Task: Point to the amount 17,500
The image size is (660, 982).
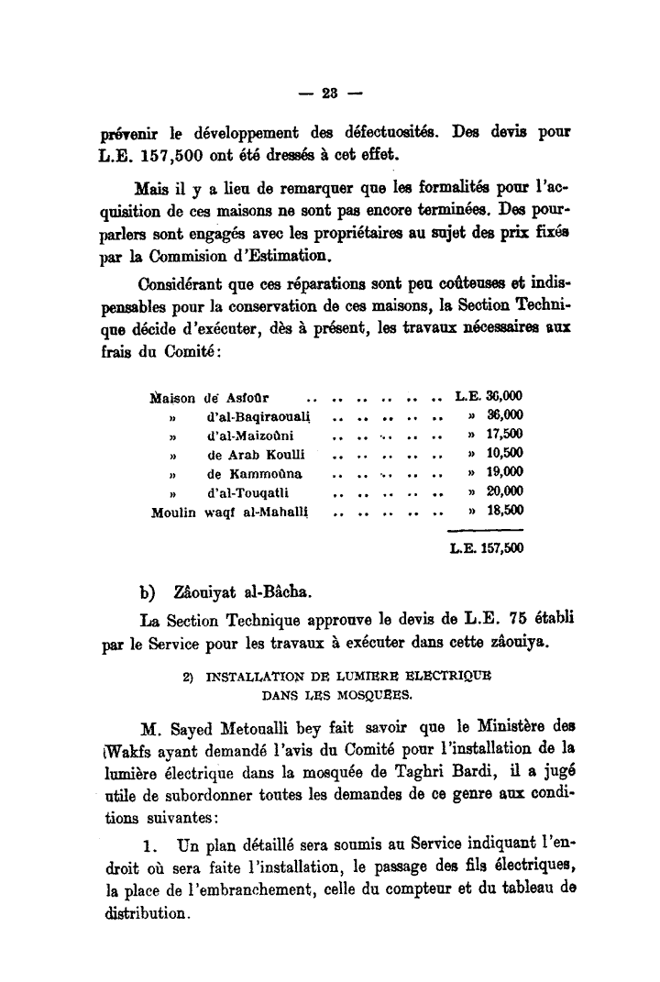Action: pos(504,435)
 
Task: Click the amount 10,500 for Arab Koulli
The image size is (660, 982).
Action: pos(504,454)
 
